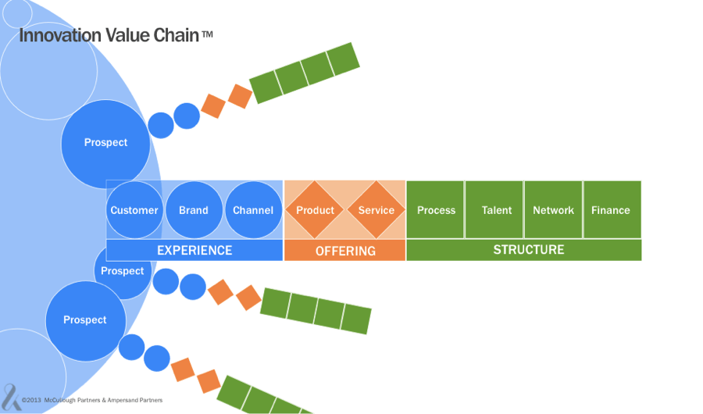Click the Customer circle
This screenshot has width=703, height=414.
(x=134, y=210)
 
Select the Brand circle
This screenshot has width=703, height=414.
(x=194, y=210)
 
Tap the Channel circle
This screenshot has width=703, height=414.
(x=253, y=210)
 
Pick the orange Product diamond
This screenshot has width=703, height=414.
(x=315, y=210)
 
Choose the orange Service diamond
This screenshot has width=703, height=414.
(x=376, y=210)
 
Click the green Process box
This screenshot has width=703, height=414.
(x=436, y=210)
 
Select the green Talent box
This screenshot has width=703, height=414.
(x=496, y=210)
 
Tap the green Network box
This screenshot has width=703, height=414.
(x=553, y=210)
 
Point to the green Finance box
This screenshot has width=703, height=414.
(x=611, y=210)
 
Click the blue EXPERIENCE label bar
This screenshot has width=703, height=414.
(x=194, y=251)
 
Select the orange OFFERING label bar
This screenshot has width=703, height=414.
(x=345, y=251)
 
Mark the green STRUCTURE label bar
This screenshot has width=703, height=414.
(x=524, y=250)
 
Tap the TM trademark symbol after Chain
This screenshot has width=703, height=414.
(x=206, y=34)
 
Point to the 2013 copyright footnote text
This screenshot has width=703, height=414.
(x=92, y=400)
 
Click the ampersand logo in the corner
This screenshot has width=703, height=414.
(x=10, y=394)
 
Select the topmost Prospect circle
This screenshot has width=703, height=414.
(x=105, y=142)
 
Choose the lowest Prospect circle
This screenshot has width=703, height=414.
(x=84, y=320)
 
